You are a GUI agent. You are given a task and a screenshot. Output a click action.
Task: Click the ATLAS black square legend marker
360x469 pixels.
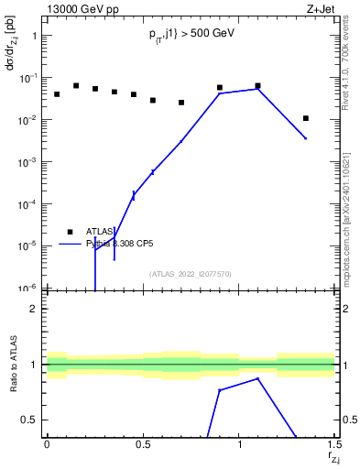click(x=70, y=232)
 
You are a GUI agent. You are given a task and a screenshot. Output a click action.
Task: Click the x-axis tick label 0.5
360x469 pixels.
click(x=143, y=444)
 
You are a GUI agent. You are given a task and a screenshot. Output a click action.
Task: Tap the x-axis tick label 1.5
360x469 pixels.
click(x=335, y=444)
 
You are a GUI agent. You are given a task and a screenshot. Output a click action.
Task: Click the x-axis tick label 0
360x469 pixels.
click(x=47, y=444)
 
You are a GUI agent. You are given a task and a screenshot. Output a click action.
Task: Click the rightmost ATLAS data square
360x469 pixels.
click(x=306, y=118)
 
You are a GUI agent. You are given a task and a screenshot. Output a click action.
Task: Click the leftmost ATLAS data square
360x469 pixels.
click(x=57, y=94)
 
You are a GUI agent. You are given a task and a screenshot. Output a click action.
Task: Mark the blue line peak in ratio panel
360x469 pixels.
click(x=258, y=378)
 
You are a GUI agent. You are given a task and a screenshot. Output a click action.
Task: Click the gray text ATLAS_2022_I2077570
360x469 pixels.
click(x=190, y=273)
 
